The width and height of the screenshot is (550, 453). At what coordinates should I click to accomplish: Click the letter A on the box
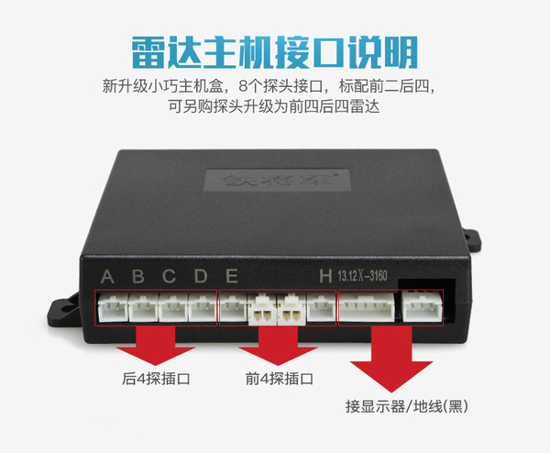click(x=108, y=276)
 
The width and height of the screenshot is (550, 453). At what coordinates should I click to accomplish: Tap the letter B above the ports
click(x=138, y=276)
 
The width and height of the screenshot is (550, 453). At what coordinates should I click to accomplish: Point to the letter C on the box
click(x=170, y=276)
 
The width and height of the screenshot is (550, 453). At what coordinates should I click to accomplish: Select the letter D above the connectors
click(x=201, y=276)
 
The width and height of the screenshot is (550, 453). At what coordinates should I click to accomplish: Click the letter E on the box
click(x=232, y=276)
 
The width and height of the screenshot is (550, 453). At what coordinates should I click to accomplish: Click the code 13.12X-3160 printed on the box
click(x=371, y=276)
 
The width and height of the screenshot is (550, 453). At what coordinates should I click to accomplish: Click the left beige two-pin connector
click(x=260, y=309)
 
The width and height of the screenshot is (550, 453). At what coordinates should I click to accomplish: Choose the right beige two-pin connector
click(x=291, y=309)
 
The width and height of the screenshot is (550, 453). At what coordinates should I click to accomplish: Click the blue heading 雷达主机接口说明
click(x=275, y=50)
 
